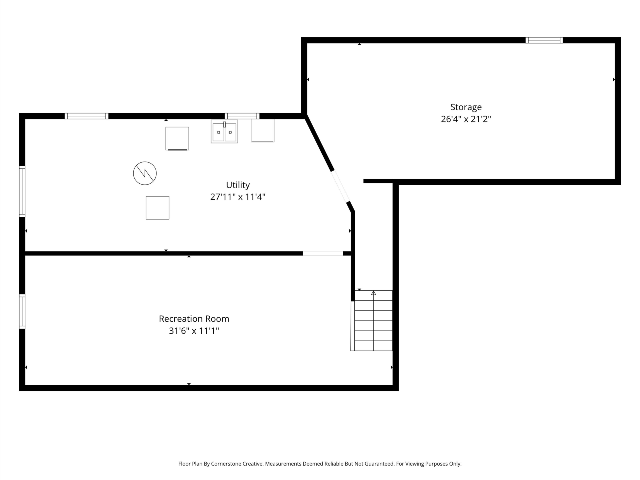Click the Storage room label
[x=466, y=107]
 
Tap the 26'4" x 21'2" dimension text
[x=466, y=119]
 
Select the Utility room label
[x=238, y=185]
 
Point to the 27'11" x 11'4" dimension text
[x=238, y=197]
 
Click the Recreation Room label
[x=194, y=319]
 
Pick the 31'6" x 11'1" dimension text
[x=194, y=331]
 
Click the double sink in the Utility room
[x=224, y=132]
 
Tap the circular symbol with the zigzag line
[x=145, y=173]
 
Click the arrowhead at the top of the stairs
[x=373, y=293]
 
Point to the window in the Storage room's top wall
[x=544, y=40]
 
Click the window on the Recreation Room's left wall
[x=22, y=311]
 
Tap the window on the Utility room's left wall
[x=22, y=191]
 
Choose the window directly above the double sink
[x=242, y=116]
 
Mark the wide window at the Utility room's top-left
[x=86, y=116]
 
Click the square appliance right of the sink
[x=262, y=130]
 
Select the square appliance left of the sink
[x=177, y=138]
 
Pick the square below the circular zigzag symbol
[x=157, y=208]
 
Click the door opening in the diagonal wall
[x=340, y=186]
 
